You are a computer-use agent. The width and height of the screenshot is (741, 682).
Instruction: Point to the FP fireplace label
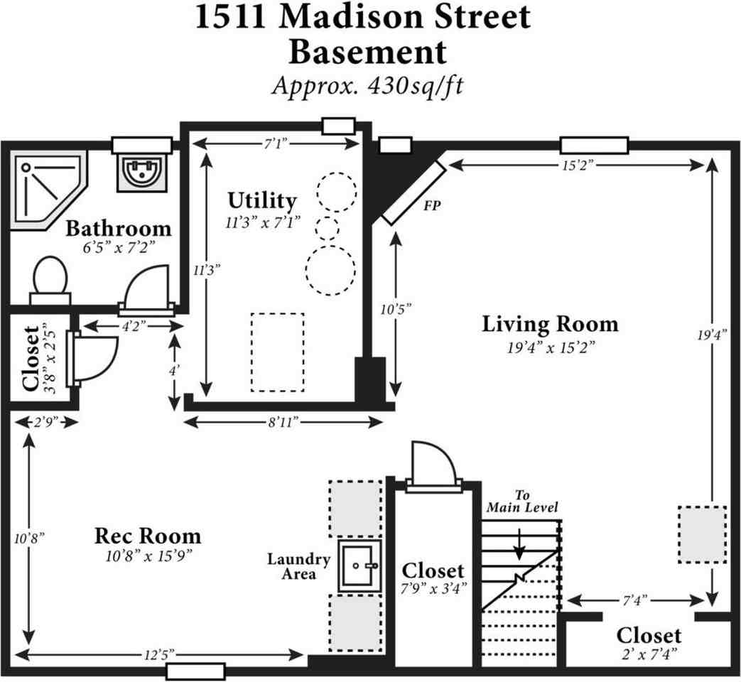431,208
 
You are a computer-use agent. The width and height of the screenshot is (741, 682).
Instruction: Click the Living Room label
550,325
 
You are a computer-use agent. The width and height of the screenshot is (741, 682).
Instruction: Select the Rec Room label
148,535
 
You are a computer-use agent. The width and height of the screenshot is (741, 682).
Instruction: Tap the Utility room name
262,200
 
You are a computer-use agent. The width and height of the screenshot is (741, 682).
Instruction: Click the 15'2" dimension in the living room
574,165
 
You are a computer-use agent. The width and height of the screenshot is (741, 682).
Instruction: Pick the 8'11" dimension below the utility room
283,422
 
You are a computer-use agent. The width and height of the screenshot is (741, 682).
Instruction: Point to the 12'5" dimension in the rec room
160,654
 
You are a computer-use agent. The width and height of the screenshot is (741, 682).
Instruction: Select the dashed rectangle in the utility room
277,352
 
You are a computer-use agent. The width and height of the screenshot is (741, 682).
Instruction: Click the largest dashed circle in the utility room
330,270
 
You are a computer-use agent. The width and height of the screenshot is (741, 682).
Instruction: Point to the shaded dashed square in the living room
702,534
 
